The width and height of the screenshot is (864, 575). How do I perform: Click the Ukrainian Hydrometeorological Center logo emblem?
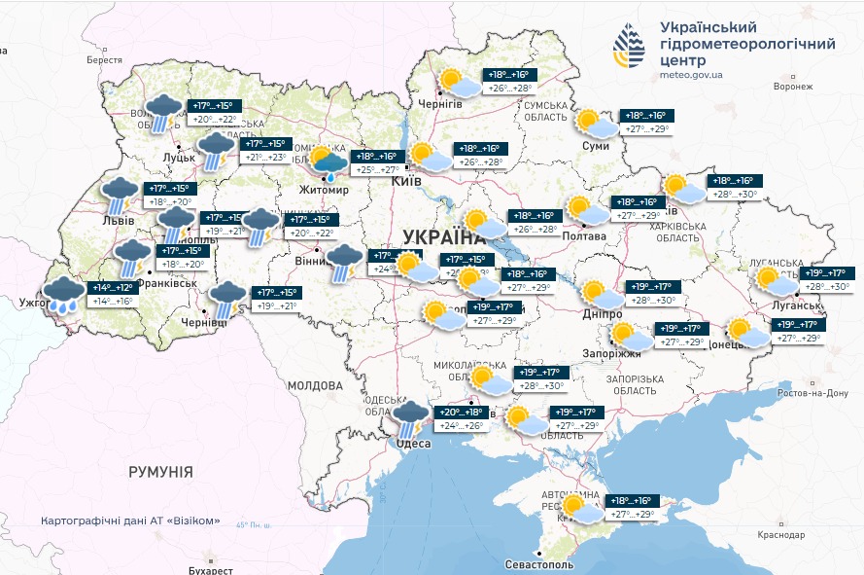(628, 46)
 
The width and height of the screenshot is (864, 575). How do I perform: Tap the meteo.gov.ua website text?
(690, 74)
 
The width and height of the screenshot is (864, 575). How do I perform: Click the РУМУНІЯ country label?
(160, 471)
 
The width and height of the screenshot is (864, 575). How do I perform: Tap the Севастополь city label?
(539, 564)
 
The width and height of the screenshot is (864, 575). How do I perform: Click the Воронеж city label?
(792, 87)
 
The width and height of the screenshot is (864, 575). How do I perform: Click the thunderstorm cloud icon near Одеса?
(411, 417)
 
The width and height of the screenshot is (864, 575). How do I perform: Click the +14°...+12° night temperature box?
(113, 288)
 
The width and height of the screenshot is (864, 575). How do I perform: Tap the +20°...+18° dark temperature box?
(462, 413)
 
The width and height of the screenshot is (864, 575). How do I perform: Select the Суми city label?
(595, 146)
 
